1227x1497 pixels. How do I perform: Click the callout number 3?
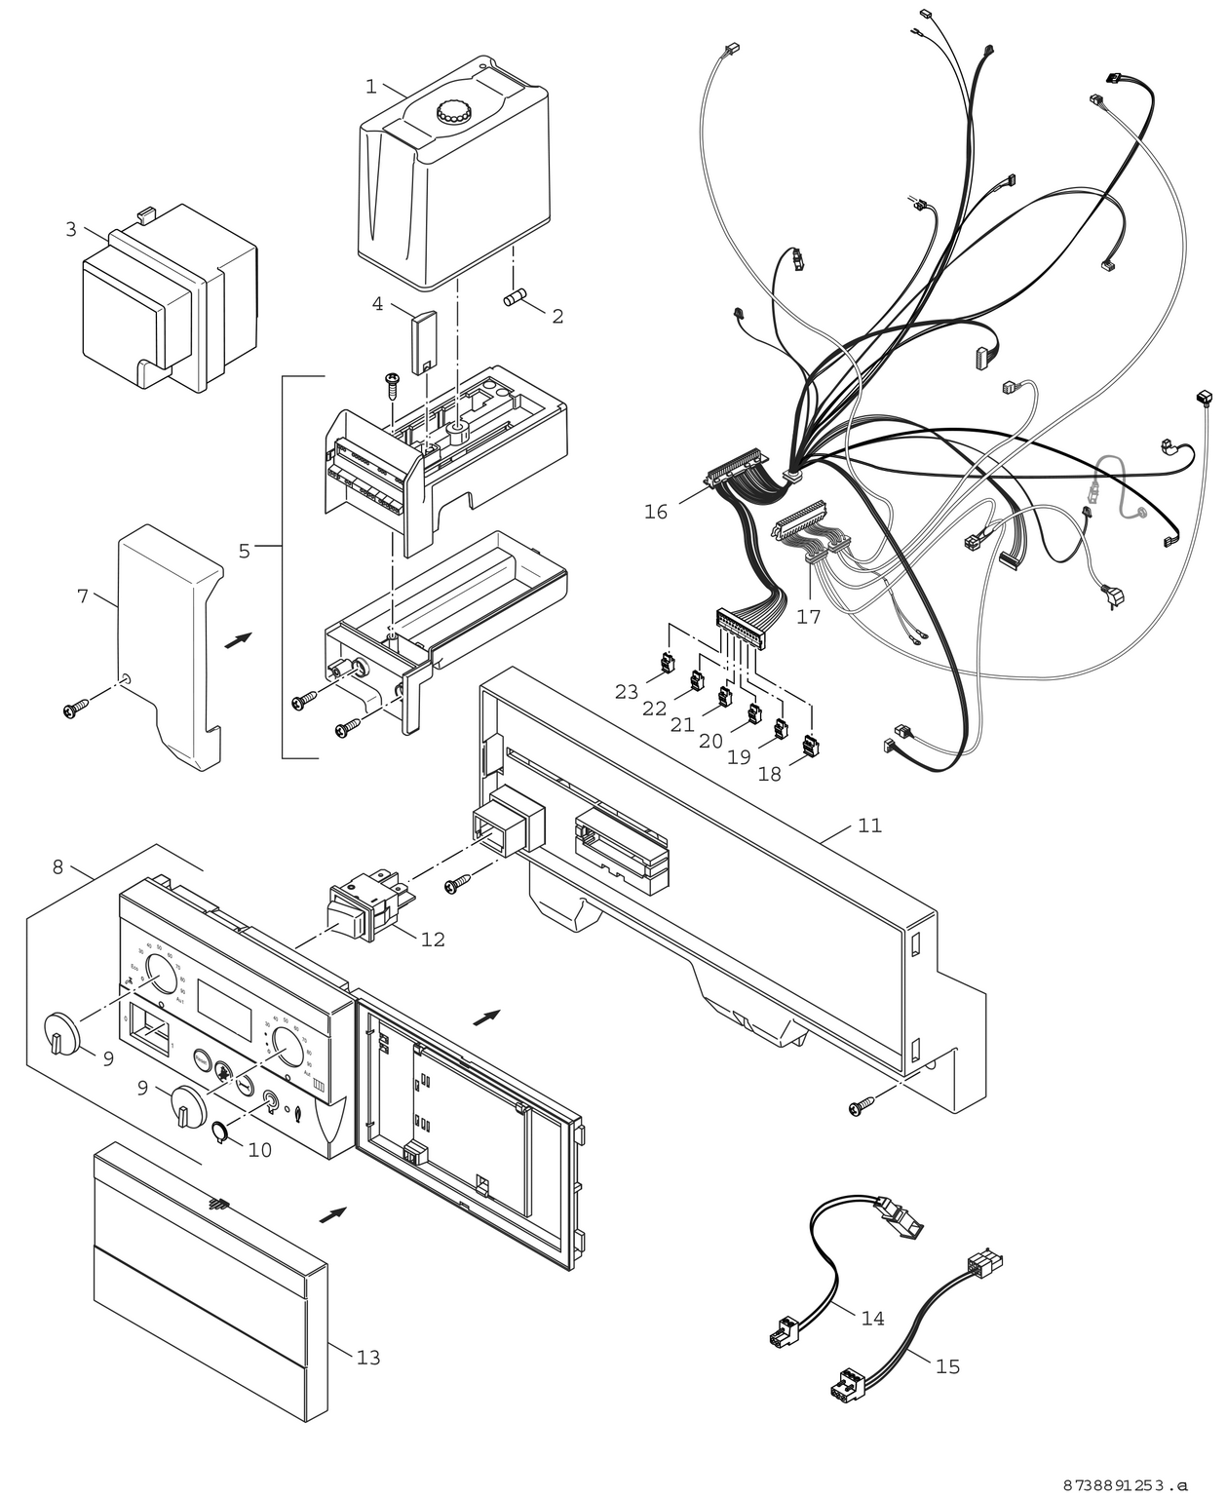(x=71, y=229)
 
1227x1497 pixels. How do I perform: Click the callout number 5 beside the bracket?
(x=245, y=551)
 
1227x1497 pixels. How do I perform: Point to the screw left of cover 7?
(x=75, y=709)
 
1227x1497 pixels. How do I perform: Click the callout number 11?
(x=869, y=825)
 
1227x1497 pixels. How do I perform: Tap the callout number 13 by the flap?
(x=367, y=1357)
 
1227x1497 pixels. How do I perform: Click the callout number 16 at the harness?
(x=656, y=512)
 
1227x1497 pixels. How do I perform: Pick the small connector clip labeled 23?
(x=666, y=663)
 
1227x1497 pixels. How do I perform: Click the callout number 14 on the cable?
(x=872, y=1318)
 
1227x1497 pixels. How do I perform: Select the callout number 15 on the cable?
(x=947, y=1366)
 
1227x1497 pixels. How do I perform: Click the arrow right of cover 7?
(x=237, y=640)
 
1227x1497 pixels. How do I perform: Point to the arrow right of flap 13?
(x=333, y=1214)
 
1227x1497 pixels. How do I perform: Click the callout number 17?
(x=808, y=616)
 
